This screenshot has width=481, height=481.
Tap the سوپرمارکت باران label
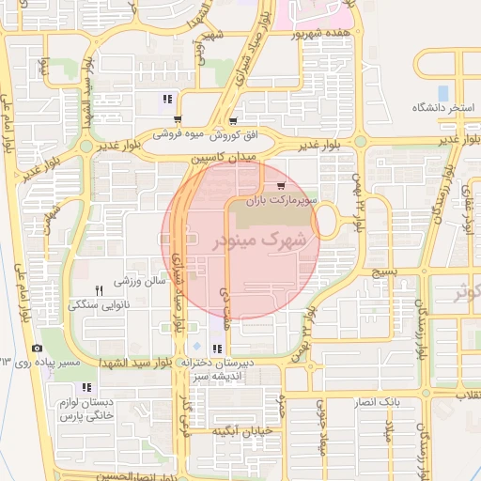point(290,201)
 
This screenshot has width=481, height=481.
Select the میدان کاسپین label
point(217,160)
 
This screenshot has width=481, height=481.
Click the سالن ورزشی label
point(140,280)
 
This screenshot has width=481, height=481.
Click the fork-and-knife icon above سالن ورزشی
point(100,289)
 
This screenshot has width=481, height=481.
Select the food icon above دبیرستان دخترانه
point(218,349)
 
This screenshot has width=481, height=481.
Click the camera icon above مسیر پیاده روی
point(37,348)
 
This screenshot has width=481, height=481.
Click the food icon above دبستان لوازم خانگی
point(86,387)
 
